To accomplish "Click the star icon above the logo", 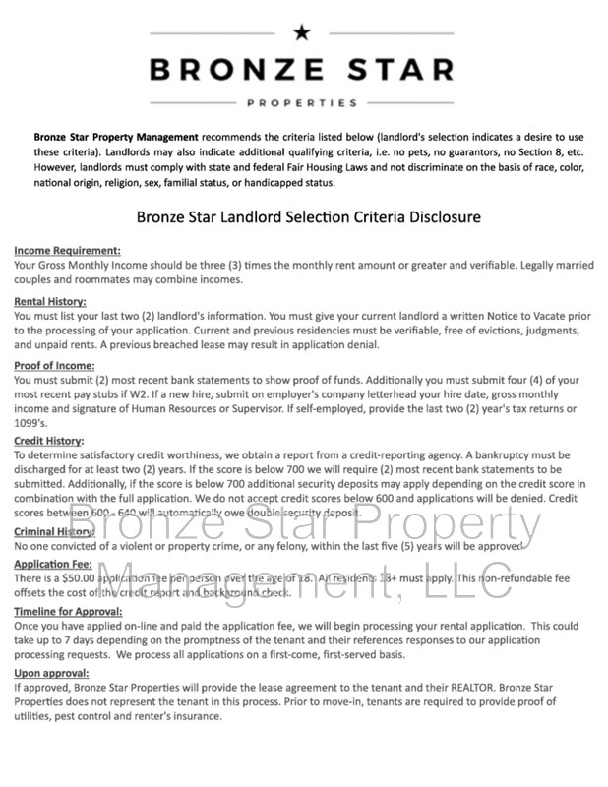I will [x=301, y=32].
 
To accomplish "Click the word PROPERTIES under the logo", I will [x=301, y=102].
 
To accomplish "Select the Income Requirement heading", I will [x=68, y=251].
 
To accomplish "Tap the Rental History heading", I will [x=51, y=301].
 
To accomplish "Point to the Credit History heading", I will [x=50, y=441].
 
